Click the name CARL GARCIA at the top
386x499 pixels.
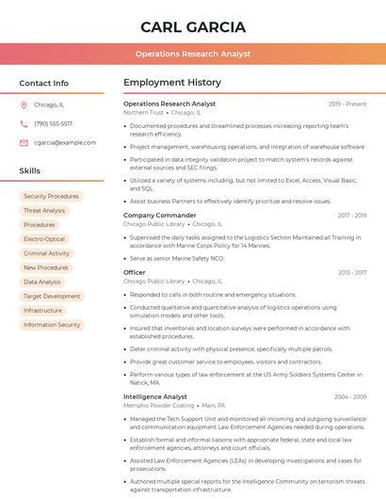[193, 26]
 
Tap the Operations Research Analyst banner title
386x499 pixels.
[193, 54]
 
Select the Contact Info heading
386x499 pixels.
[43, 83]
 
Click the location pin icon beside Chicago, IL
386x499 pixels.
[24, 105]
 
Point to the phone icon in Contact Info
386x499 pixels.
[24, 123]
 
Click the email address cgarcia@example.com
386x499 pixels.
[65, 142]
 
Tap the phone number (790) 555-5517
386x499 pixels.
[53, 123]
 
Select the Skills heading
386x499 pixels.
[30, 170]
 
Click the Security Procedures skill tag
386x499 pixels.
[51, 197]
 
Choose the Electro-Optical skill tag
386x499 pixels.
[44, 239]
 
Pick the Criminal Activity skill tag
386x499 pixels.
[47, 253]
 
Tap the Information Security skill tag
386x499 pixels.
[52, 325]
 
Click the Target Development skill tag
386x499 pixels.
[52, 296]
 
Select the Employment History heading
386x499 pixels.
[172, 83]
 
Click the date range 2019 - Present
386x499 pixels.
[347, 104]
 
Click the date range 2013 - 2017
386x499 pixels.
[352, 272]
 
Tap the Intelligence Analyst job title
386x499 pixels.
[155, 396]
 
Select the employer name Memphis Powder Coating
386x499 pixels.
[158, 406]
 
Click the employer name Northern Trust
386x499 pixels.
[143, 112]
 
